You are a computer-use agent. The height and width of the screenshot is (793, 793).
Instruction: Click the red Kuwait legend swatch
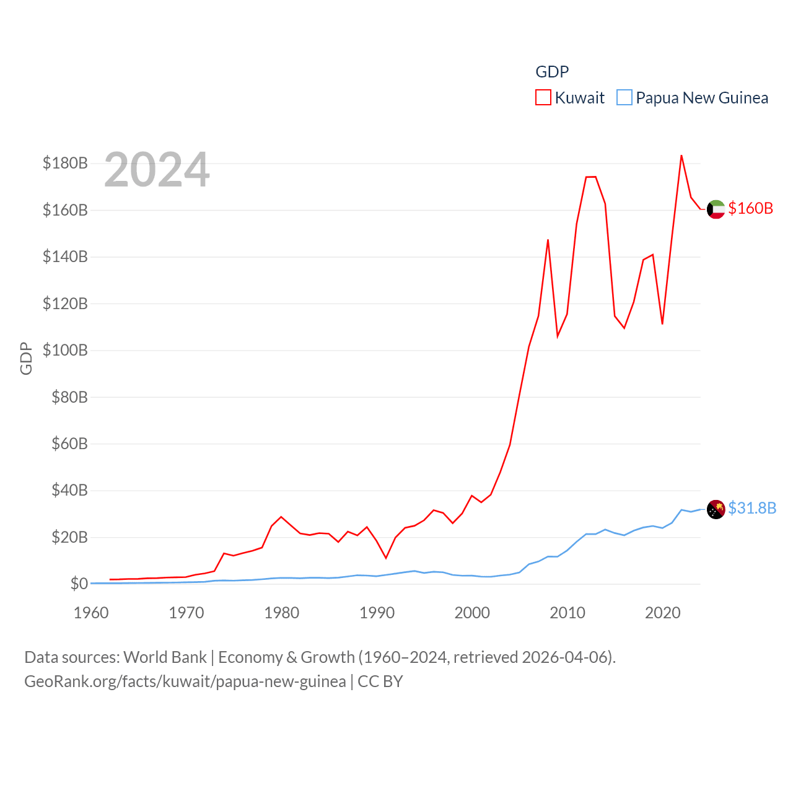(x=543, y=98)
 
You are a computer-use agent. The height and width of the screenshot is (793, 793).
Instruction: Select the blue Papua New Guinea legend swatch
(x=624, y=98)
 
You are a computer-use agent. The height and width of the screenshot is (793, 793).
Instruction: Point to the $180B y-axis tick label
(x=65, y=163)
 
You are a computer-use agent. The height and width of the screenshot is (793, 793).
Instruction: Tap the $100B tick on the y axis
(x=65, y=350)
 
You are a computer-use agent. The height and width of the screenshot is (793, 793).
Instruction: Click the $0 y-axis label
(x=79, y=584)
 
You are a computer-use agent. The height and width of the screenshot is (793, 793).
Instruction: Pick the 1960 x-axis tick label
(x=91, y=613)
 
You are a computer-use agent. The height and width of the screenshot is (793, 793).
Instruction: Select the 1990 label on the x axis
(x=377, y=613)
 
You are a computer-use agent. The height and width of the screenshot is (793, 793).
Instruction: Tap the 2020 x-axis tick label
(x=662, y=613)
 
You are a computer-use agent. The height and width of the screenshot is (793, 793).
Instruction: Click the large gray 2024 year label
(x=157, y=170)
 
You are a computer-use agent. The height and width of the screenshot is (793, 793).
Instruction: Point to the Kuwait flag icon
(x=716, y=209)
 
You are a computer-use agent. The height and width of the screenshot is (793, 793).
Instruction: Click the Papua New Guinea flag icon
(x=716, y=509)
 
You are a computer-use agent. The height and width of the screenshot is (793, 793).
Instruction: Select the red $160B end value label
(x=750, y=208)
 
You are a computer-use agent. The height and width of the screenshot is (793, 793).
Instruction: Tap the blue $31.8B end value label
(x=751, y=508)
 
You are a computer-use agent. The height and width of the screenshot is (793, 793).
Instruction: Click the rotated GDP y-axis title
(x=26, y=358)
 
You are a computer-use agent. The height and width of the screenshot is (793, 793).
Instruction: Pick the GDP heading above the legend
(x=552, y=72)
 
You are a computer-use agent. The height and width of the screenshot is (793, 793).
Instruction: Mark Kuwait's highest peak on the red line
(x=681, y=156)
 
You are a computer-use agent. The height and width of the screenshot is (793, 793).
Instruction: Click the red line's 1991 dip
(x=385, y=558)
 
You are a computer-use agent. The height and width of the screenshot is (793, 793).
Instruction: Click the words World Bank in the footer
(x=165, y=657)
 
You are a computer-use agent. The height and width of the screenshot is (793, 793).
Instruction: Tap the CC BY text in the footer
(x=380, y=681)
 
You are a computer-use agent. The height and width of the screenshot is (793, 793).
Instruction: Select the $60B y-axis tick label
(x=69, y=444)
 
